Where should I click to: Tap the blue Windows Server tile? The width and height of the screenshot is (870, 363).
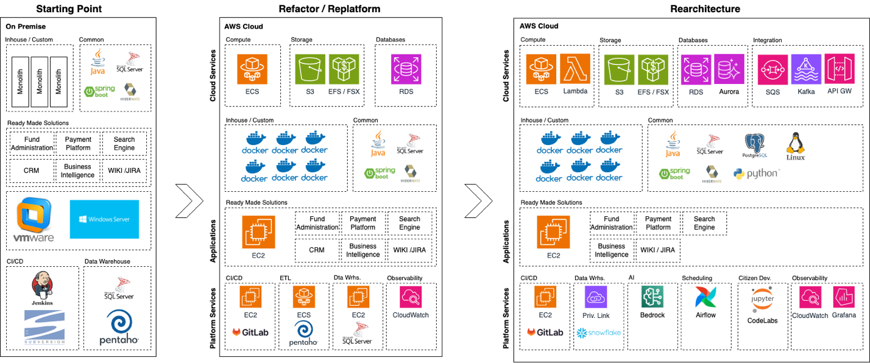(104, 219)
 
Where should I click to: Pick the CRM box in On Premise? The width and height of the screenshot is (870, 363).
(32, 171)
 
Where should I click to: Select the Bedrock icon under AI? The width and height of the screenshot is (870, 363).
(652, 297)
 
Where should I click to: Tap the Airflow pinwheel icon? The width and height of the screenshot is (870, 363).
(706, 297)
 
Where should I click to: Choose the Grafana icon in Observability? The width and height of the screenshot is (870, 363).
(844, 298)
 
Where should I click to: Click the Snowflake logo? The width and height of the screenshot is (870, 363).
(599, 333)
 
